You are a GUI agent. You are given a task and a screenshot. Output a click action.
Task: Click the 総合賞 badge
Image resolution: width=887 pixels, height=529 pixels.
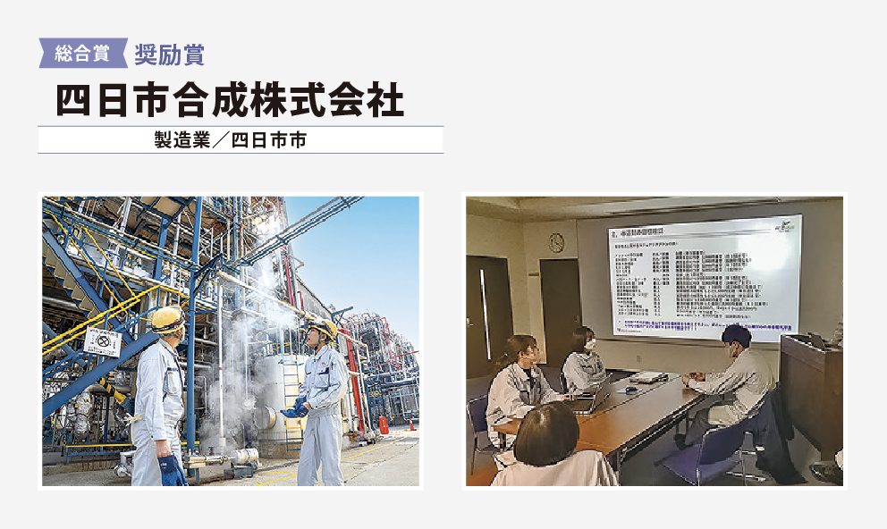click(x=81, y=54)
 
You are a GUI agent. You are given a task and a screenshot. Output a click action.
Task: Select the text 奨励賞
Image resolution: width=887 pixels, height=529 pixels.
click(x=169, y=55)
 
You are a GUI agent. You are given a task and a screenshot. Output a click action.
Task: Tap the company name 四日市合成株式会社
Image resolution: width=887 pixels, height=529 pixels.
click(x=230, y=99)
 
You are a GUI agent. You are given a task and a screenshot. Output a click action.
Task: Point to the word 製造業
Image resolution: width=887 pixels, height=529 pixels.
click(x=183, y=140)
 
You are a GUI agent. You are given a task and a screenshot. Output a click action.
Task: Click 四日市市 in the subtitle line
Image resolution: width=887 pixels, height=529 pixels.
click(x=267, y=140)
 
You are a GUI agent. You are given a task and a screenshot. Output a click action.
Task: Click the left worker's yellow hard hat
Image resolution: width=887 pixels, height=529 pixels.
click(x=167, y=319)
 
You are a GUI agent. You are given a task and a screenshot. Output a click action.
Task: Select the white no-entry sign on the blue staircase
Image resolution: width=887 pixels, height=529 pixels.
click(x=104, y=343)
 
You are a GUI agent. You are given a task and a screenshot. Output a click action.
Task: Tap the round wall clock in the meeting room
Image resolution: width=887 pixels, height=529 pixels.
click(x=556, y=241)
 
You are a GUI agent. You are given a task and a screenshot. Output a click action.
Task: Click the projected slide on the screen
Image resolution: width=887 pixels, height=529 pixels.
click(x=703, y=277)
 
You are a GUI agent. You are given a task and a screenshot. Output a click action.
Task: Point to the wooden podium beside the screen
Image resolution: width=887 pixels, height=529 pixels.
click(x=809, y=393)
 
